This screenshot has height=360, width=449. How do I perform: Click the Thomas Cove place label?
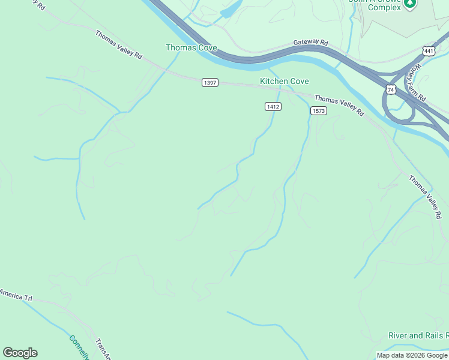tap(191, 47)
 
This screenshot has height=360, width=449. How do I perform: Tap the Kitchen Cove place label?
tap(284, 81)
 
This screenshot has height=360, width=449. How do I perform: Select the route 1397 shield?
tap(209, 82)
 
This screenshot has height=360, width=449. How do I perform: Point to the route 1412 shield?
tap(273, 106)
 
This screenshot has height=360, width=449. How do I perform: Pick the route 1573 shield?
tap(318, 111)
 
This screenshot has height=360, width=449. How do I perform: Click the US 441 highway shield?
tap(428, 52)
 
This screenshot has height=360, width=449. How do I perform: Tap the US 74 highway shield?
tap(391, 89)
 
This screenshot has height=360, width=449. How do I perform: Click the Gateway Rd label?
tap(311, 43)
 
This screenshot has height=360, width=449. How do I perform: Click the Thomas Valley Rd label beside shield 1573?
tap(339, 105)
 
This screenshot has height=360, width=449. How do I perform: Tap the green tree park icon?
tap(410, 4)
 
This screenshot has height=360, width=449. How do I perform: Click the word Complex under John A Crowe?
tap(384, 7)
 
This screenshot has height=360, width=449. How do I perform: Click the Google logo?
tap(20, 353)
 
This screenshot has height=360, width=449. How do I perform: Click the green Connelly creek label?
tap(79, 347)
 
